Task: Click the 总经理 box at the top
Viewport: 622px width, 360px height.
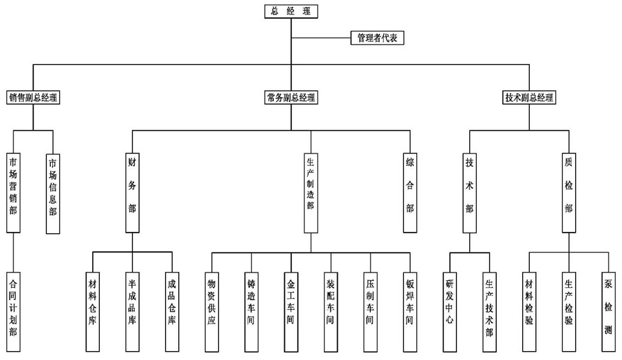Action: [291, 11]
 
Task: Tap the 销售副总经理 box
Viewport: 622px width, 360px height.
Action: [34, 98]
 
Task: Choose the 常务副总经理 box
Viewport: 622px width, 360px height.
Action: [290, 98]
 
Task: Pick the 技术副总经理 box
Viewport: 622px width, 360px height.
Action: [528, 98]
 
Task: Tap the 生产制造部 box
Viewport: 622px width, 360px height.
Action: [310, 192]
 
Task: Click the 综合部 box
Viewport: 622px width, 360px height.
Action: [410, 192]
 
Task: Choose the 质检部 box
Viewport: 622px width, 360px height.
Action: [568, 192]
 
